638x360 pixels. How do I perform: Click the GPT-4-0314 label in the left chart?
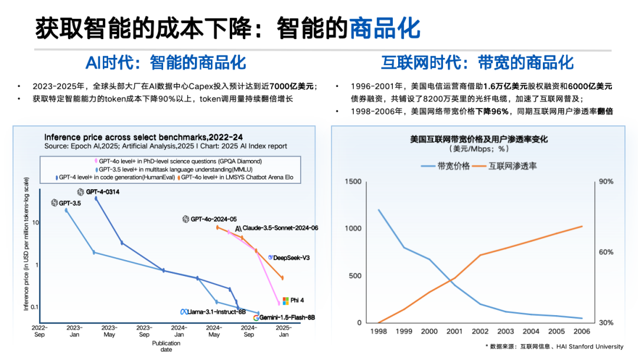point(98,192)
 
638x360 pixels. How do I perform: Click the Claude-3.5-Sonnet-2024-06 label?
point(276,228)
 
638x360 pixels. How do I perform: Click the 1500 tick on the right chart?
point(352,181)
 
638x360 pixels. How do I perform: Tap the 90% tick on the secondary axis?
point(606,181)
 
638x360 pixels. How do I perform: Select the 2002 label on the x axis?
point(480,332)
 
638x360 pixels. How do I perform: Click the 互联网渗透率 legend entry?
point(505,166)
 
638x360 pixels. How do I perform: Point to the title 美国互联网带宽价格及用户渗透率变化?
point(479,140)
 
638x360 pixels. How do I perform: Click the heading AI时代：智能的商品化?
point(166,63)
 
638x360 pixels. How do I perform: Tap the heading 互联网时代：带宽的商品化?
point(477,63)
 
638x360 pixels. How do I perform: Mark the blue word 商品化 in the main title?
point(385,28)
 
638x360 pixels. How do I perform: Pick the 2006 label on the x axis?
point(582,332)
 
